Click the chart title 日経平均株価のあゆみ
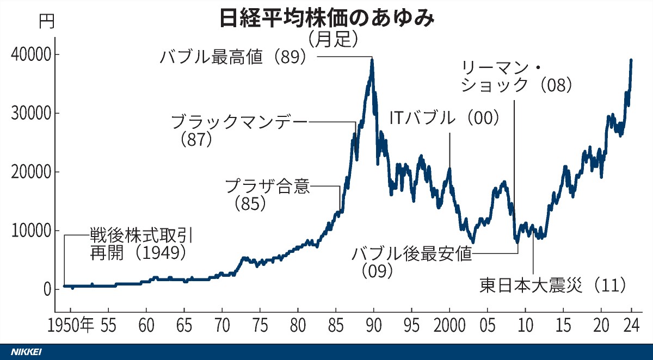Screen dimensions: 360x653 tap(326, 19)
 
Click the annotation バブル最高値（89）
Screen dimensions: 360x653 tap(234, 57)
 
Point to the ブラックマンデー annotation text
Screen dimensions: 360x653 tap(239, 122)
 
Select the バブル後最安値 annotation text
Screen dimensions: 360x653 tap(411, 253)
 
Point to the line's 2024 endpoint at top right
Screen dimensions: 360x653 tap(631, 60)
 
